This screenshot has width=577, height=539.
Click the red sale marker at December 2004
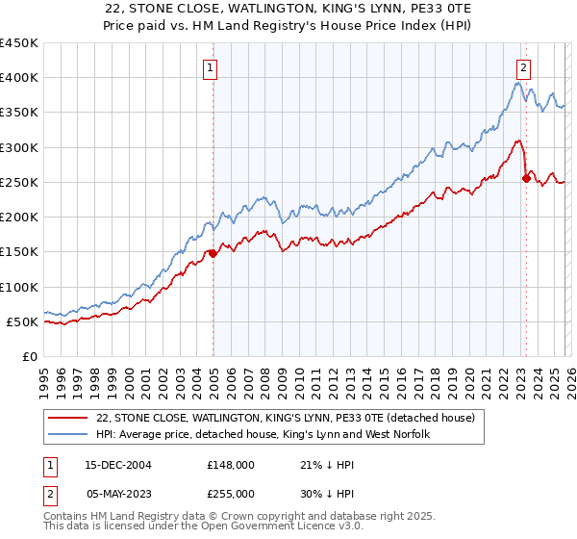tap(213, 254)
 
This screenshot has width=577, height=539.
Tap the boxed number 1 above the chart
tap(210, 67)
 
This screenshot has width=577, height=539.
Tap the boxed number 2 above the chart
tap(523, 67)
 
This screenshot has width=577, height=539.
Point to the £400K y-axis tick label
tap(19, 78)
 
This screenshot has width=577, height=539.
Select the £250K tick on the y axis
tap(19, 182)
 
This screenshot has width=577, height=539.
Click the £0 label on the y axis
tap(29, 356)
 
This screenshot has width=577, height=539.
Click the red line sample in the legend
tap(67, 419)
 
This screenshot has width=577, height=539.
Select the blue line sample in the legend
tap(67, 435)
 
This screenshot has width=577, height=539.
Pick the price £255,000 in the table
tap(231, 493)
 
